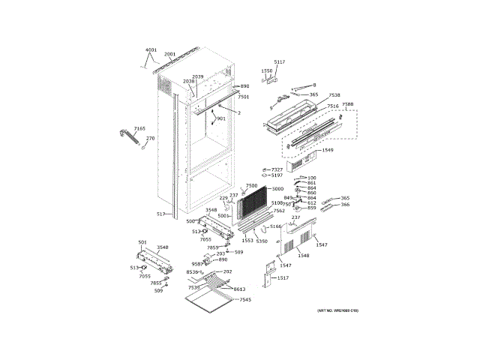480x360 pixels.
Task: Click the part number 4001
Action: click(151, 50)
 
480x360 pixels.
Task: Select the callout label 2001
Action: click(169, 54)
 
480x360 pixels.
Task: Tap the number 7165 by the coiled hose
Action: click(139, 129)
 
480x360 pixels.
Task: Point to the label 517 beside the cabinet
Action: click(160, 214)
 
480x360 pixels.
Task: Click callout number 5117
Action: click(279, 62)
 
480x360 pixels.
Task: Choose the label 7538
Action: click(334, 95)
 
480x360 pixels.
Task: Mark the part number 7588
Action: click(347, 104)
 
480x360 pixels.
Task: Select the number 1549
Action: click(327, 150)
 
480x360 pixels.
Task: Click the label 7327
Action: click(277, 169)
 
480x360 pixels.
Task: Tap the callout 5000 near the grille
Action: click(277, 189)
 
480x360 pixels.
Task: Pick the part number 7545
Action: click(245, 300)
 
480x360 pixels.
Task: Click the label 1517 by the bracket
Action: click(283, 278)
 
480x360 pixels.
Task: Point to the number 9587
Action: click(197, 264)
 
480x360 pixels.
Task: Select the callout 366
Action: click(345, 205)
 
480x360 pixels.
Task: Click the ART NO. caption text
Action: click(332, 310)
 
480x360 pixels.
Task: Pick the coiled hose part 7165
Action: click(128, 138)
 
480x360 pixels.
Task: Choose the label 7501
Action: click(243, 97)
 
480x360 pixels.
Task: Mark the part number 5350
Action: click(262, 241)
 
